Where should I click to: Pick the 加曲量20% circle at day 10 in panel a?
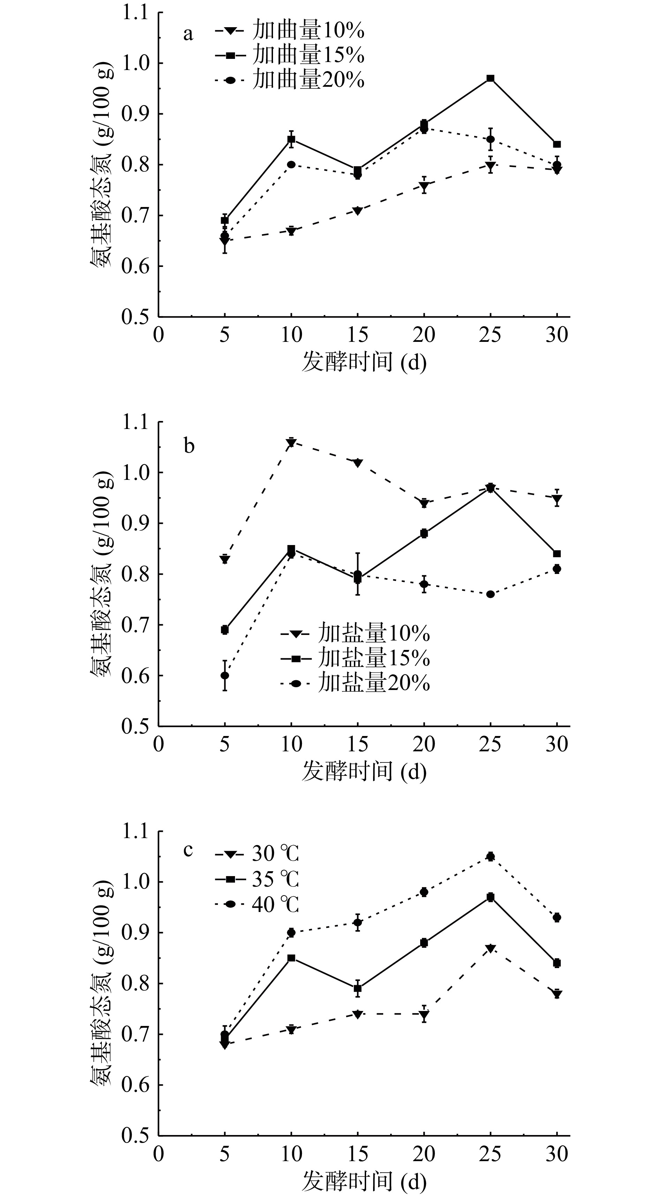click(291, 165)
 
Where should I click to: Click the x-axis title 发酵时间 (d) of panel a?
click(364, 362)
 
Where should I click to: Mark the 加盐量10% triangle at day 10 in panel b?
click(291, 443)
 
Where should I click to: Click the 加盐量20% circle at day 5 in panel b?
click(225, 675)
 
